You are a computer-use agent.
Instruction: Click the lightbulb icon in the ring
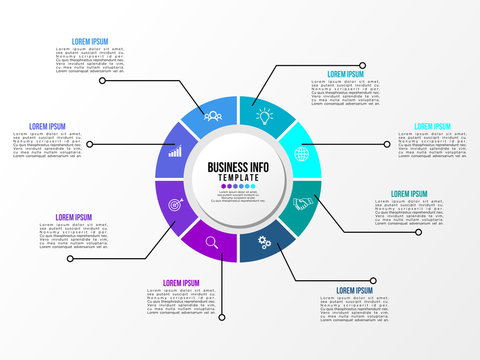[x=264, y=116]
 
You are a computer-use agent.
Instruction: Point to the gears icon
[x=265, y=241]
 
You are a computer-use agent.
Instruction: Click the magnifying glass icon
[x=212, y=241]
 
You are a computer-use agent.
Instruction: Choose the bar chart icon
[x=175, y=153]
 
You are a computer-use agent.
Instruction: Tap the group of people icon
[x=212, y=116]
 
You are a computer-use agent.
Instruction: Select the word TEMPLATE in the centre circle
[x=239, y=178]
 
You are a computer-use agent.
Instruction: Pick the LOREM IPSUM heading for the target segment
[x=72, y=217]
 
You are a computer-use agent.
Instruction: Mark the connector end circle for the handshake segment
[x=419, y=231]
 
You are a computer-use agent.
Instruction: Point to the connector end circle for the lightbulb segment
[x=362, y=66]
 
